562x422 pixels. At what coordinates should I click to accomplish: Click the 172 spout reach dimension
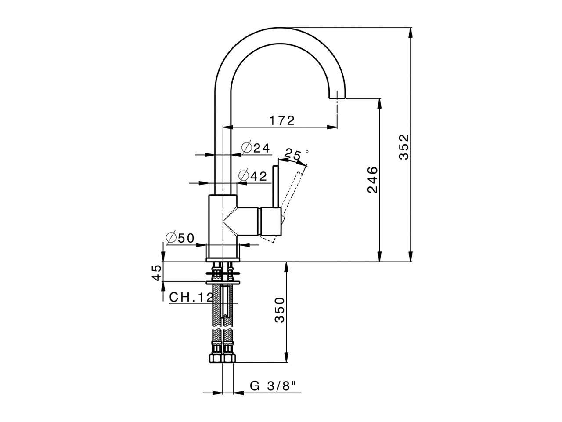[282, 120]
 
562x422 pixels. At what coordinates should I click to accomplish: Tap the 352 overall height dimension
[404, 147]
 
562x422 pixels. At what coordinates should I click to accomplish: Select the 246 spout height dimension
[372, 180]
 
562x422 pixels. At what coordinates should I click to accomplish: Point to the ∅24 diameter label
[256, 148]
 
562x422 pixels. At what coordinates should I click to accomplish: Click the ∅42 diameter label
[253, 176]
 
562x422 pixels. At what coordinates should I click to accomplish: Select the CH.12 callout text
[191, 297]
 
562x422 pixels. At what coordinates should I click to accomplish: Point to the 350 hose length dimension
[279, 309]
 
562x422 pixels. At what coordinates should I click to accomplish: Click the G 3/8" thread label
[273, 393]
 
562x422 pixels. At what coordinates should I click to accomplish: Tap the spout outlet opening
[337, 98]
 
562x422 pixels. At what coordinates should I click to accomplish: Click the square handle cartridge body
[271, 221]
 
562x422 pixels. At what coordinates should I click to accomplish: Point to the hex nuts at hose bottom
[223, 358]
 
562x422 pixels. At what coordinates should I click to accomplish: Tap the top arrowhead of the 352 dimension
[411, 33]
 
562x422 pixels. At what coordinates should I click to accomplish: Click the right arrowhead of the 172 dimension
[332, 127]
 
